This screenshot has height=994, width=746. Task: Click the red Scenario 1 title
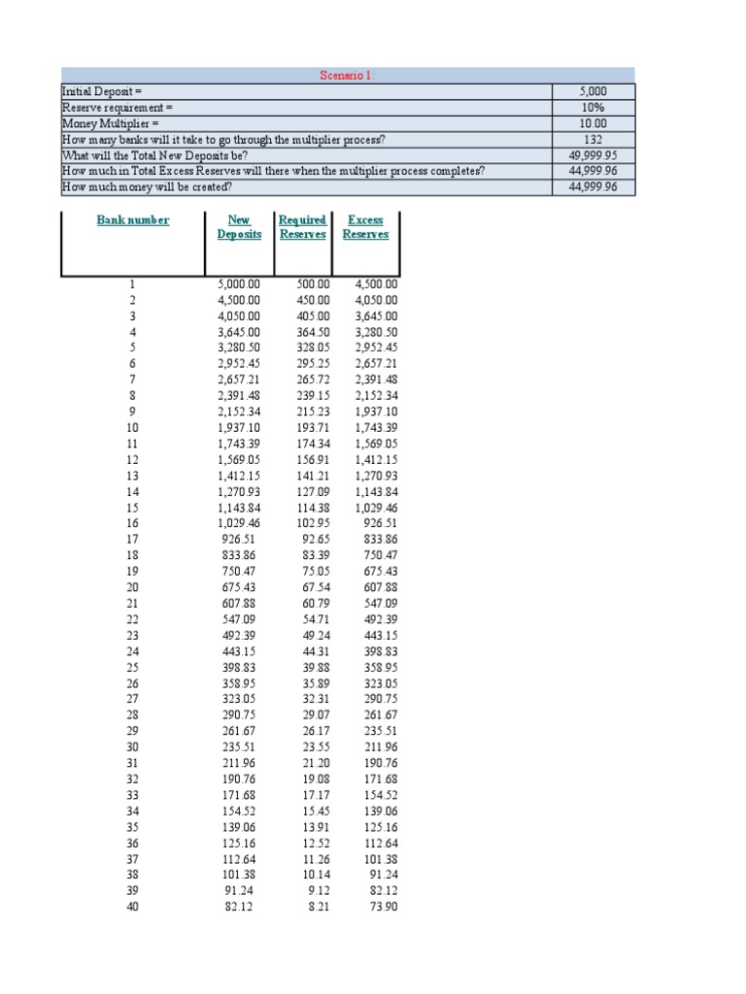tap(348, 75)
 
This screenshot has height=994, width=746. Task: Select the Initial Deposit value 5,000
tap(593, 90)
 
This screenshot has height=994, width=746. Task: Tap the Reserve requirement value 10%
tap(593, 107)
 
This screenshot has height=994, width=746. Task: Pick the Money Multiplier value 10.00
tap(593, 123)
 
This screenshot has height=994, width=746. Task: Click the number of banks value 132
tap(593, 139)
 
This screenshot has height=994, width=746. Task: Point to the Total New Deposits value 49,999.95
tap(593, 155)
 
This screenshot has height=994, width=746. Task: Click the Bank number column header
tap(133, 220)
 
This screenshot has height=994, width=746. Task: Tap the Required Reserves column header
tap(302, 227)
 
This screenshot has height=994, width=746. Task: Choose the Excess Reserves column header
tap(365, 227)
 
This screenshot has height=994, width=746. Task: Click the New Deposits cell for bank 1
tap(239, 284)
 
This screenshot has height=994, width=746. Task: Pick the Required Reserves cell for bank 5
tap(313, 348)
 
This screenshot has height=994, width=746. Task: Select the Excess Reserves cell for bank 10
tap(375, 428)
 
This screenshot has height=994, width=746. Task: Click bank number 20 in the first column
tap(133, 587)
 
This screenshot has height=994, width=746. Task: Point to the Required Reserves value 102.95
tap(313, 523)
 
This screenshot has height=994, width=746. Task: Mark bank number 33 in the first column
tap(133, 795)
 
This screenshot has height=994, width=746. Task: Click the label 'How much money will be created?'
tap(147, 187)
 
